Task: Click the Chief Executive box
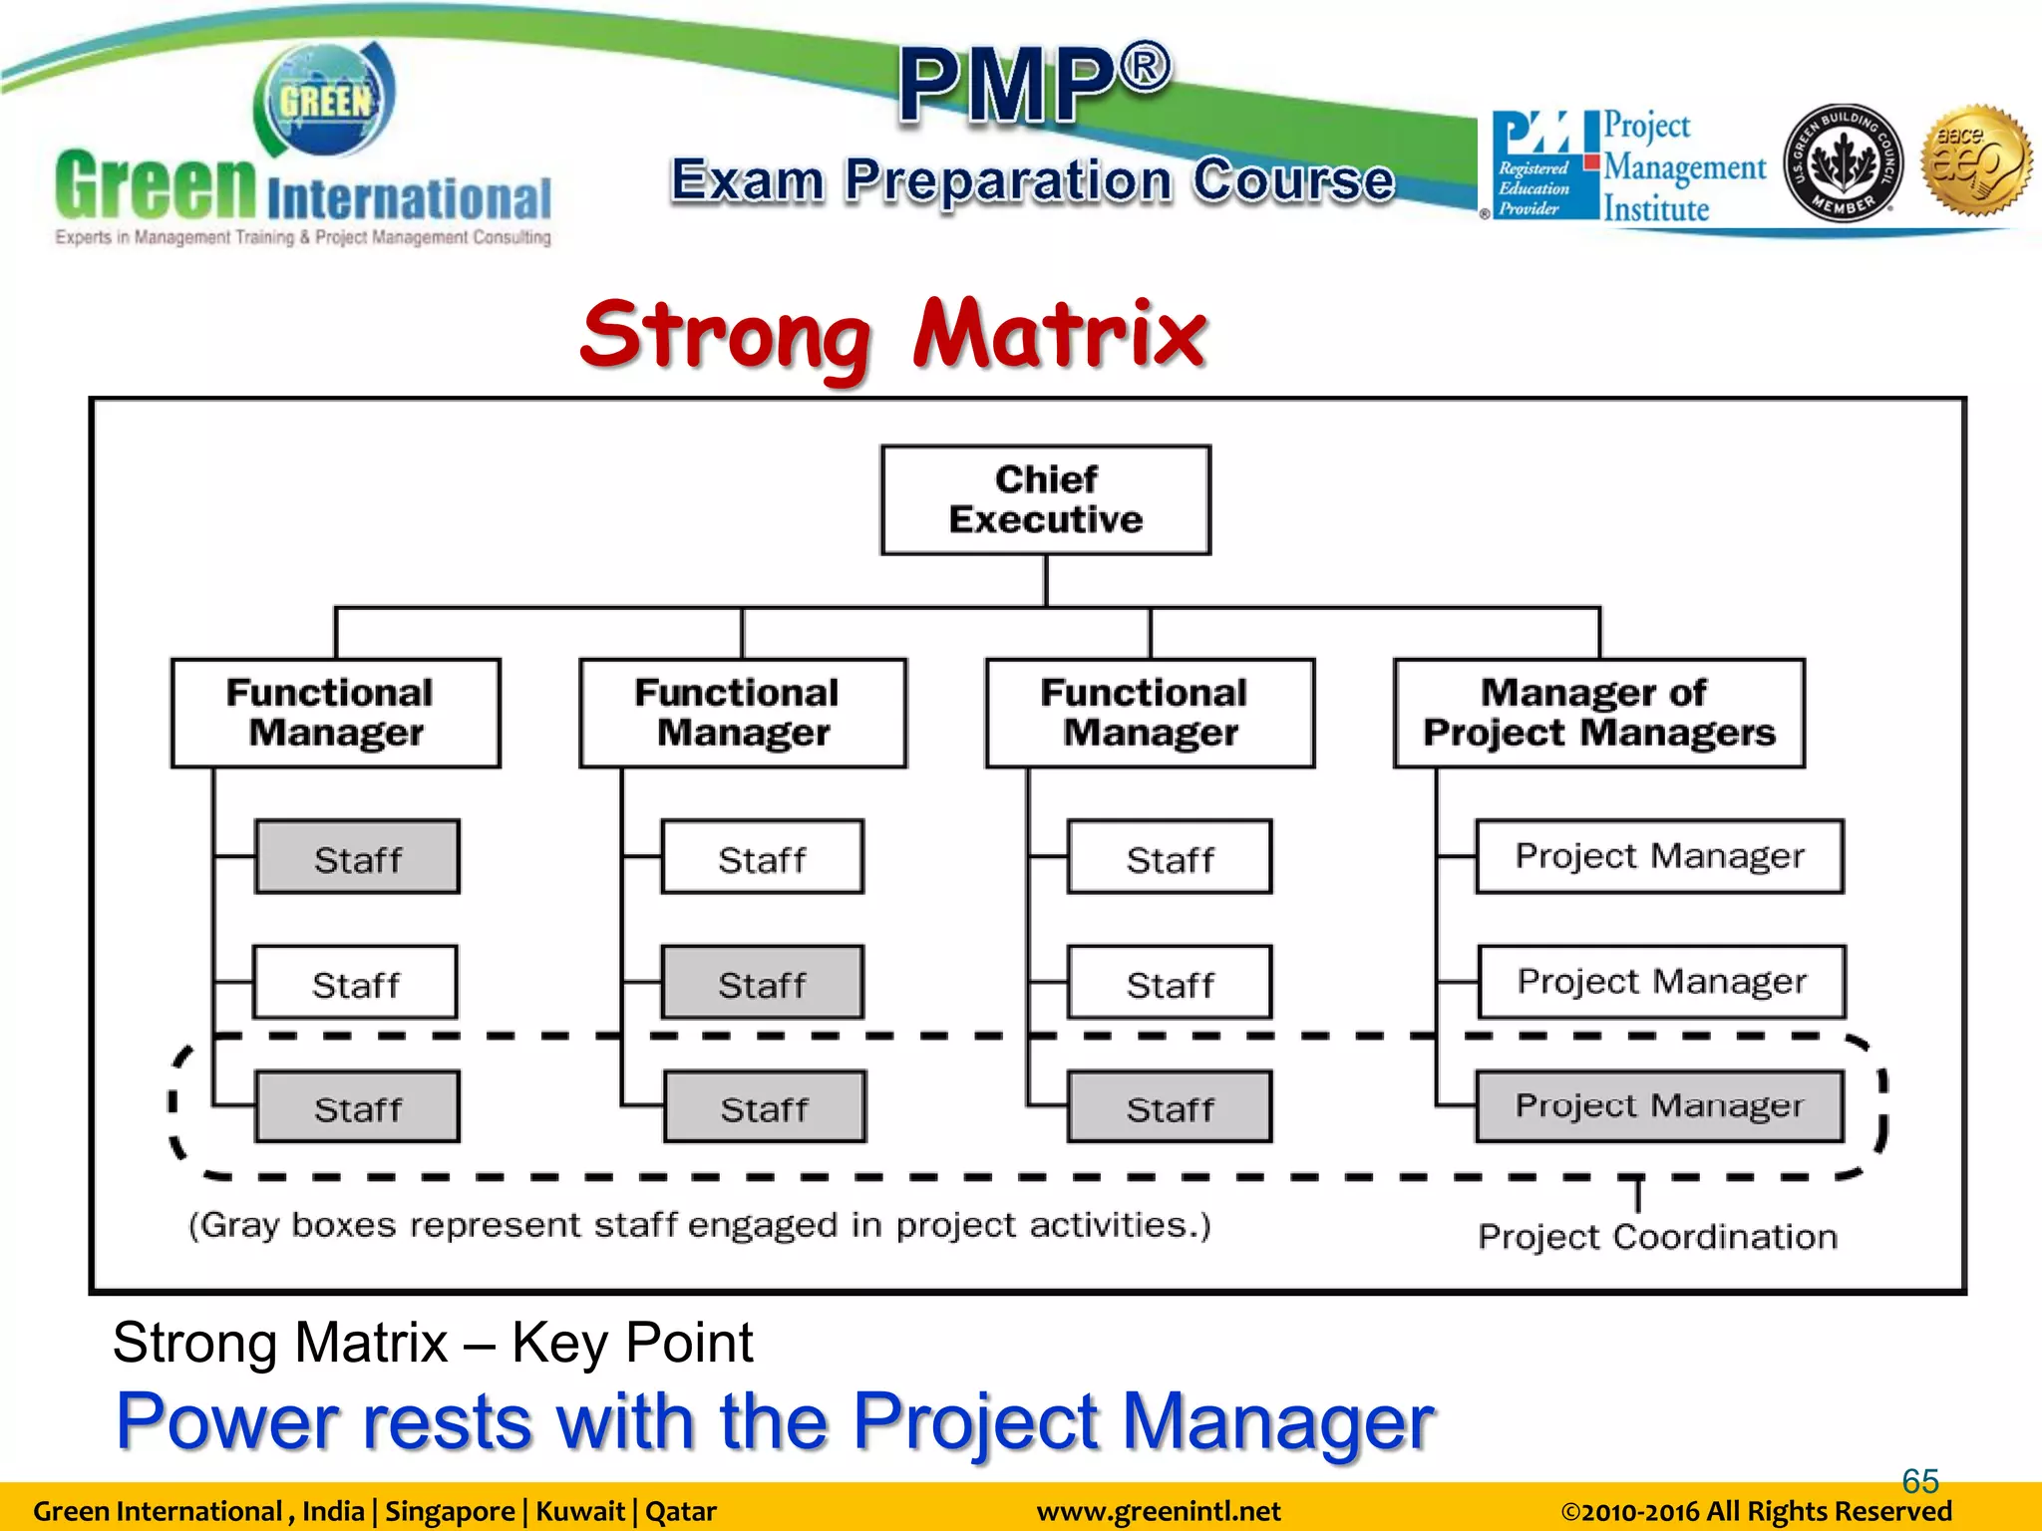click(x=1045, y=499)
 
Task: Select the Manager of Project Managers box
click(x=1598, y=713)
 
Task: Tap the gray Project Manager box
click(x=1659, y=1106)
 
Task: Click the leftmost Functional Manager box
click(x=336, y=713)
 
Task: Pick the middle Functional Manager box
click(x=743, y=713)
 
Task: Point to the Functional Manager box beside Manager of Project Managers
click(x=1150, y=713)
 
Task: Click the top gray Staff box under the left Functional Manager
click(x=357, y=857)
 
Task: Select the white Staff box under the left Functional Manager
click(x=355, y=983)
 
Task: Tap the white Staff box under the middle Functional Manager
click(x=762, y=857)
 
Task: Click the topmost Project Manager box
click(x=1659, y=856)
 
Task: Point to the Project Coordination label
click(x=1657, y=1237)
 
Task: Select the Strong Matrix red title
click(x=893, y=334)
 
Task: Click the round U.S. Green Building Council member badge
click(x=1842, y=163)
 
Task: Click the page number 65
click(x=1919, y=1480)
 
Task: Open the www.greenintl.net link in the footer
click(x=1158, y=1512)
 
